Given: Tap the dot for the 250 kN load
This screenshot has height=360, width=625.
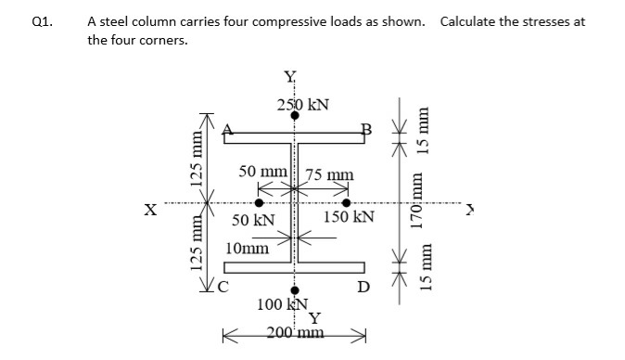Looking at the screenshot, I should coord(295,116).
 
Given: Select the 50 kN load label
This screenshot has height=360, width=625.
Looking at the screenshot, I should coord(252,220).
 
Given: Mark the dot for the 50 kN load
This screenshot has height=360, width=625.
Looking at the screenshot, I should coord(259,201).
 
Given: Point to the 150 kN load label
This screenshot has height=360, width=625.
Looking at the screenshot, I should coord(350,217).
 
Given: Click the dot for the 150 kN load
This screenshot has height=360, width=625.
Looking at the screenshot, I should coord(348,201).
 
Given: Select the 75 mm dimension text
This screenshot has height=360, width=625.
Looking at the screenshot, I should coord(327,174).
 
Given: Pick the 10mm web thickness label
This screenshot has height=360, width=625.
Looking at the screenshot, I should coord(248,248).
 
